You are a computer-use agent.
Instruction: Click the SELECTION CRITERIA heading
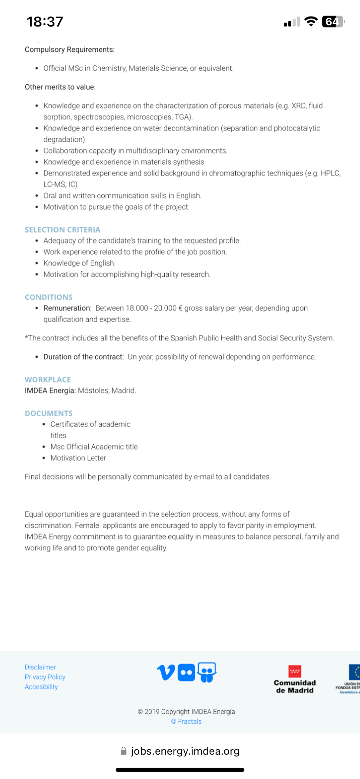[63, 230]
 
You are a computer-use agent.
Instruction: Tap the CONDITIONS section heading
[49, 297]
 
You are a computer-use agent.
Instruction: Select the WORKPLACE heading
[48, 380]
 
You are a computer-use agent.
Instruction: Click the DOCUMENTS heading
[49, 413]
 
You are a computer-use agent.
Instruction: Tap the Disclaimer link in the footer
[40, 667]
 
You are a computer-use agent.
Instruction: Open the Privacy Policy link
[45, 677]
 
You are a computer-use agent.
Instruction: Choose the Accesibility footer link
[41, 687]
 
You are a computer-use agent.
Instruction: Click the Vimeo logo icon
[166, 672]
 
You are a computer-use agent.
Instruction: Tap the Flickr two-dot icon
[187, 673]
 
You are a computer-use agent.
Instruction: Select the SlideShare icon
[207, 672]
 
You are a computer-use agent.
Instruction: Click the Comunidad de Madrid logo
[295, 679]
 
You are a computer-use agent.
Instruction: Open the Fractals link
[187, 721]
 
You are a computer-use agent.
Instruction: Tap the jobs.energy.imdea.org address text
[185, 751]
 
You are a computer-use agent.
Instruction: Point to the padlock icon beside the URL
[123, 751]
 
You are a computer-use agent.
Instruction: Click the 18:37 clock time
[45, 21]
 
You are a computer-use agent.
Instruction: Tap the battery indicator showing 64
[333, 21]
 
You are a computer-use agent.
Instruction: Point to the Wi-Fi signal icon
[311, 21]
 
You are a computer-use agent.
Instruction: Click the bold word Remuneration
[67, 308]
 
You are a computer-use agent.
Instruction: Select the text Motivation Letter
[78, 458]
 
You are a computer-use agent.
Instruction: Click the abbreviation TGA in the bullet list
[183, 117]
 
